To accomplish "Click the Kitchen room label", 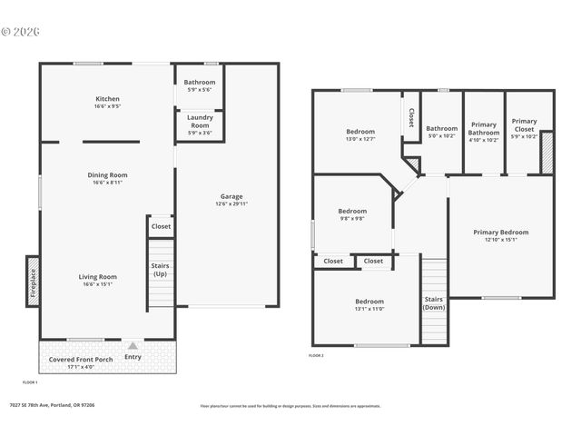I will pyautogui.click(x=108, y=99).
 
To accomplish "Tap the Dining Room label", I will pyautogui.click(x=108, y=174).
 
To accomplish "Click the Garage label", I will pyautogui.click(x=231, y=196).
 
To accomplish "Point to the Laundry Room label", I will pyautogui.click(x=200, y=120).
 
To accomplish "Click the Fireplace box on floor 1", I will pyautogui.click(x=33, y=281).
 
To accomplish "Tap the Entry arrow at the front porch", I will pyautogui.click(x=133, y=346).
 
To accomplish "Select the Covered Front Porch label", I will pyautogui.click(x=80, y=359).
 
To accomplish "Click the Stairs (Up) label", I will pyautogui.click(x=160, y=270).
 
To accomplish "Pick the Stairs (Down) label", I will pyautogui.click(x=434, y=302).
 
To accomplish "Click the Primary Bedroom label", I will pyautogui.click(x=500, y=232).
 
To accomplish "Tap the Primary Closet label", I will pyautogui.click(x=524, y=124).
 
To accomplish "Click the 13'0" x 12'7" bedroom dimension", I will pyautogui.click(x=359, y=139).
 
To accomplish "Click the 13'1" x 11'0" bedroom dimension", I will pyautogui.click(x=369, y=309).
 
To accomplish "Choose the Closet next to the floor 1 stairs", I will pyautogui.click(x=161, y=226).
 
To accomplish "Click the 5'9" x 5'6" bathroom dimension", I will pyautogui.click(x=200, y=90).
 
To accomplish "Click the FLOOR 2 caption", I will pyautogui.click(x=316, y=356).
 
